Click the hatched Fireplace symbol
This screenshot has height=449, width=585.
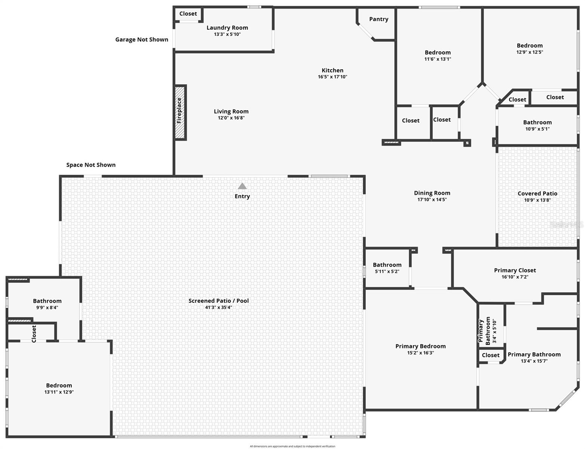click(x=180, y=113)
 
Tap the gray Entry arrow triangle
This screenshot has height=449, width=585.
click(x=242, y=186)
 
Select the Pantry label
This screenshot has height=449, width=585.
click(x=379, y=19)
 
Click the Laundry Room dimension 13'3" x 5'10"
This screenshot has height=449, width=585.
click(x=227, y=34)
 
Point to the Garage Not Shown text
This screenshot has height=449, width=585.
click(x=141, y=40)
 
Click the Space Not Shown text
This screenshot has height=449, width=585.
click(x=91, y=165)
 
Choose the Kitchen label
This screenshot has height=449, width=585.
click(x=332, y=70)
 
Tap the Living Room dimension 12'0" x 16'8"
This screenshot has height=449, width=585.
click(x=231, y=118)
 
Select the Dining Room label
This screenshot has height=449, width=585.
click(x=432, y=193)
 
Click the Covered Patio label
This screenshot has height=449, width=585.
click(x=537, y=193)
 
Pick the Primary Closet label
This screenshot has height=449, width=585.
click(x=515, y=270)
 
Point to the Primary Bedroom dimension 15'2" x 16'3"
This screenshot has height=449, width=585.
click(x=420, y=352)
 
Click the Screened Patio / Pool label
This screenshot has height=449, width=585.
click(x=218, y=300)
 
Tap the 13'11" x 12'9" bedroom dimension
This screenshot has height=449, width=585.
click(x=59, y=392)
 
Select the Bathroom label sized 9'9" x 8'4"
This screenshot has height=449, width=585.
click(x=47, y=301)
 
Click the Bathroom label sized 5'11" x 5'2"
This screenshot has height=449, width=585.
click(x=387, y=265)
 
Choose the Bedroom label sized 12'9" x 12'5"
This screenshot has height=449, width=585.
click(x=529, y=46)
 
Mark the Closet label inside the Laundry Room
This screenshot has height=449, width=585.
click(x=188, y=14)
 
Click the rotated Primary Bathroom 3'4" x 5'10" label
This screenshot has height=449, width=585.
click(x=487, y=330)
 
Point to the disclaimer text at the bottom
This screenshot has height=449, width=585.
click(x=292, y=446)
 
